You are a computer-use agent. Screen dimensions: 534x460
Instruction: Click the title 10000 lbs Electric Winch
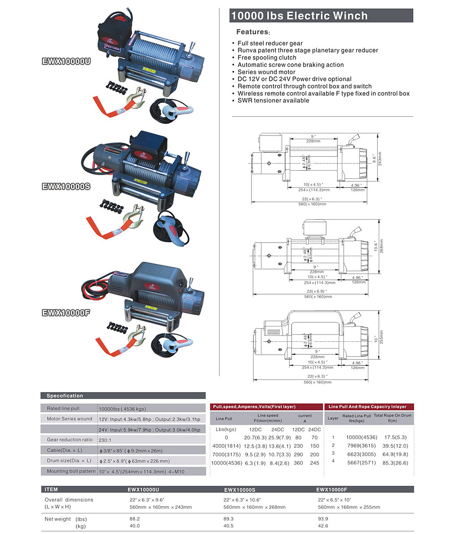[299, 16]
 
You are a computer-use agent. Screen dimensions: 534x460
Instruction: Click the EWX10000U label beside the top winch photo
[66, 62]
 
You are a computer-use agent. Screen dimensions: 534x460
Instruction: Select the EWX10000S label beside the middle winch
[66, 186]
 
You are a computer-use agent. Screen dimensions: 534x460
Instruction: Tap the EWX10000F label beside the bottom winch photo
[66, 313]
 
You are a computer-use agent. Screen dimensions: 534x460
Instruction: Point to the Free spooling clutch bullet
[267, 57]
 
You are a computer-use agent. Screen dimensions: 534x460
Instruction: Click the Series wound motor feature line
[266, 72]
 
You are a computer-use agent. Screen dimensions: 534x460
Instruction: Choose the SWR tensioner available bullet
[273, 101]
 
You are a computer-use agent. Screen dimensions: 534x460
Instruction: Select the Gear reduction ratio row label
[70, 440]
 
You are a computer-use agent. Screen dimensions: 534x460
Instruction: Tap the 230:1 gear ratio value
[105, 440]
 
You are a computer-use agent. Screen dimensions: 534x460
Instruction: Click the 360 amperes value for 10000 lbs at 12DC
[298, 463]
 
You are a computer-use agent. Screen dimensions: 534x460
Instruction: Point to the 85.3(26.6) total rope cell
[396, 463]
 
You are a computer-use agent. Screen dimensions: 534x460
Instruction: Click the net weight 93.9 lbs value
[323, 519]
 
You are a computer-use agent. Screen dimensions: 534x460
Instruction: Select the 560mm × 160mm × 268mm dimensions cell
[254, 508]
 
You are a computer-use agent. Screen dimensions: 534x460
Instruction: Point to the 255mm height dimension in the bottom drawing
[381, 337]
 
